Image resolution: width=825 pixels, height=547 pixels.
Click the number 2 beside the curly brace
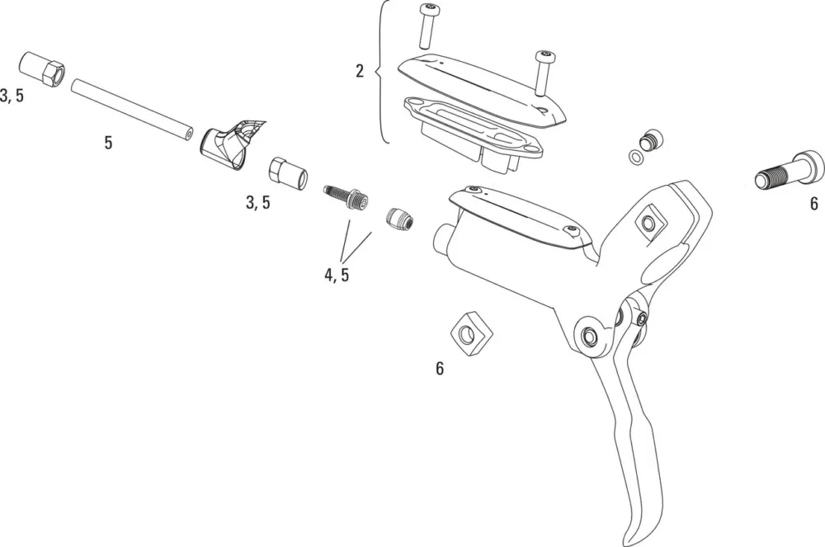tap(360, 71)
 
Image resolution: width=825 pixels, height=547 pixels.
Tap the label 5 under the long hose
tap(108, 143)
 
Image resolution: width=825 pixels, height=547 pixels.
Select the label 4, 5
tap(337, 275)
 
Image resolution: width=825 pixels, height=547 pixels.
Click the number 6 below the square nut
tap(440, 369)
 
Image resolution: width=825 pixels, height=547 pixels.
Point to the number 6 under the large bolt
tap(814, 203)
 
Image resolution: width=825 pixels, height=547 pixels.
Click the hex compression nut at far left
tap(42, 70)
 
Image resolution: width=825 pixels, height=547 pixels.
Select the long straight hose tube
tap(132, 109)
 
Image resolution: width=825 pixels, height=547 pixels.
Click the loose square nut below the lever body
tap(471, 334)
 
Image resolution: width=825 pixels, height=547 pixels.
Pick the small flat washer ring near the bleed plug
tap(636, 157)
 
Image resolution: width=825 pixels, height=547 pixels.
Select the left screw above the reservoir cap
tap(427, 25)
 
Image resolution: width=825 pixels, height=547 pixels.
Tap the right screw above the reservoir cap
tap(543, 73)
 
